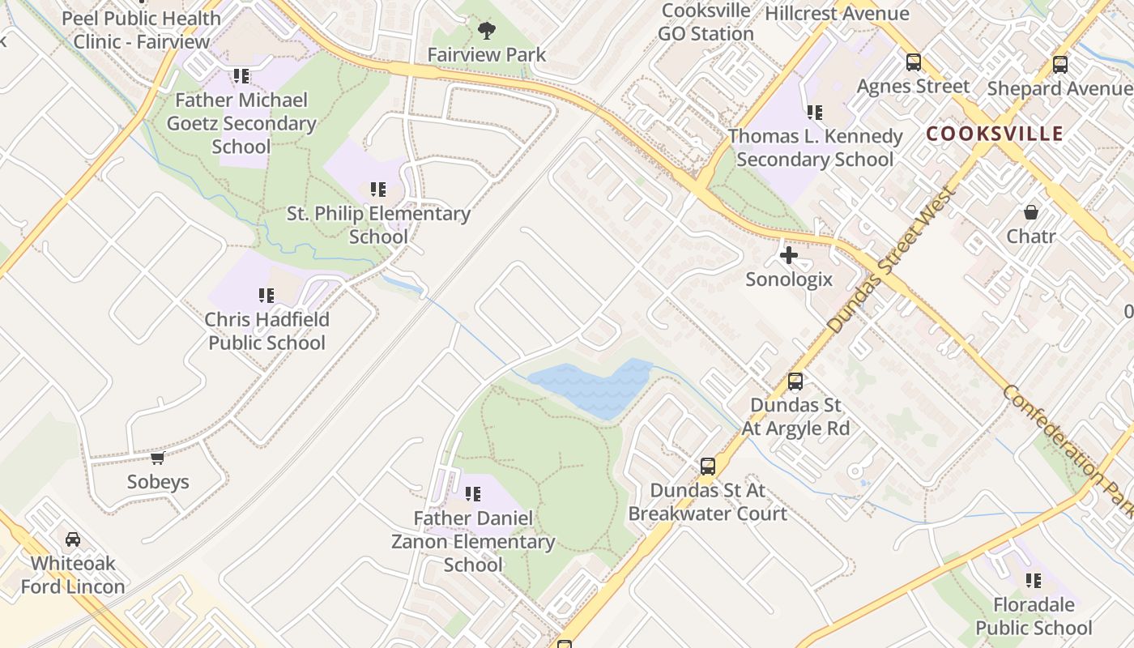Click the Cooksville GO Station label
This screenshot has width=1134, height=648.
[x=706, y=23]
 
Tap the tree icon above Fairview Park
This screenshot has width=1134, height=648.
[x=487, y=31]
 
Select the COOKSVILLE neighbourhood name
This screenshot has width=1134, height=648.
[x=994, y=134]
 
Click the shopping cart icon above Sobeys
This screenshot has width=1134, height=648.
[x=158, y=458]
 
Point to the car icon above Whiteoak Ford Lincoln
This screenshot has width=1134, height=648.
[x=73, y=539]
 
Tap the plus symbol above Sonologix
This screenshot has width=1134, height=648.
[x=788, y=256]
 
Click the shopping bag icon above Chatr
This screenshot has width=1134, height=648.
[x=1031, y=212]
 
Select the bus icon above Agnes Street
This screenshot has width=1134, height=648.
[x=914, y=62]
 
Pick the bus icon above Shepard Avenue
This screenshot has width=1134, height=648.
[x=1059, y=64]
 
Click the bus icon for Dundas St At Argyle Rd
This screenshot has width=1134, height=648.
[x=795, y=381]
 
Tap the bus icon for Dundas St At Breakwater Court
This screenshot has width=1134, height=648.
[x=708, y=467]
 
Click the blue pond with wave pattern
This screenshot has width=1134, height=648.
[x=591, y=388]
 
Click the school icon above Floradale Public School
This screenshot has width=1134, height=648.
[x=1034, y=581]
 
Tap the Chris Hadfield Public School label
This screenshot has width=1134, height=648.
[x=267, y=331]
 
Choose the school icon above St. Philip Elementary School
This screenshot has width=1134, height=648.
[x=378, y=190]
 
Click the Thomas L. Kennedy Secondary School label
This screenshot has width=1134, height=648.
[x=815, y=147]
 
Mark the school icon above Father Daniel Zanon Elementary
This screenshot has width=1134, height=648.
[x=473, y=494]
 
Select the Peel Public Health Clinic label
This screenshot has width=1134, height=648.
[x=142, y=29]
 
